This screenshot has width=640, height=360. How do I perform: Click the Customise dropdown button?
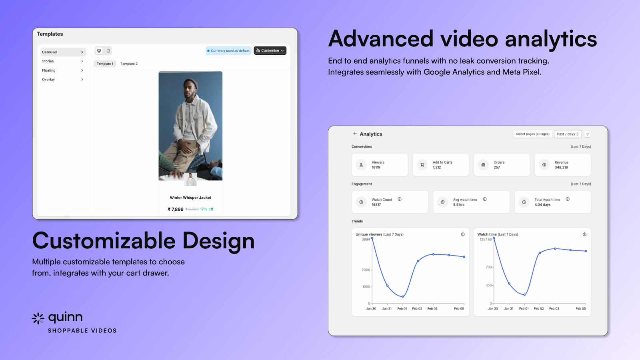(270, 51)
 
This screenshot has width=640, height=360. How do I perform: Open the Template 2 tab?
(129, 64)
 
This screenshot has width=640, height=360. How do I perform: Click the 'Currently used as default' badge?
(228, 51)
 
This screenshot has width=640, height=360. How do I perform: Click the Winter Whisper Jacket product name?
(190, 198)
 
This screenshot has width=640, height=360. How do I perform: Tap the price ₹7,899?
(176, 209)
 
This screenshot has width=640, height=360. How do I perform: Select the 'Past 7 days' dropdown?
(568, 134)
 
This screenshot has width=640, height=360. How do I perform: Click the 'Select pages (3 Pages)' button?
(532, 134)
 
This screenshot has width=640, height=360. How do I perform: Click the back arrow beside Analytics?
(355, 134)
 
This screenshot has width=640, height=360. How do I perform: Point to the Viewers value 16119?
(376, 168)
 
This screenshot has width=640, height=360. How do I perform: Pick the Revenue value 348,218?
(561, 168)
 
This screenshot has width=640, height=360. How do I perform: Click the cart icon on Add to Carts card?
(422, 165)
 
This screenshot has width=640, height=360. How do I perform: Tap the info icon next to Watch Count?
(400, 199)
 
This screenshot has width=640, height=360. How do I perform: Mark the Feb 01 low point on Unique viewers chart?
(403, 296)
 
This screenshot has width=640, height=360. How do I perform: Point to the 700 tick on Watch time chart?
(489, 267)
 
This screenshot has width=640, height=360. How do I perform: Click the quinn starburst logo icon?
(38, 318)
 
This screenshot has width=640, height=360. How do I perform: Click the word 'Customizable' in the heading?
(104, 241)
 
